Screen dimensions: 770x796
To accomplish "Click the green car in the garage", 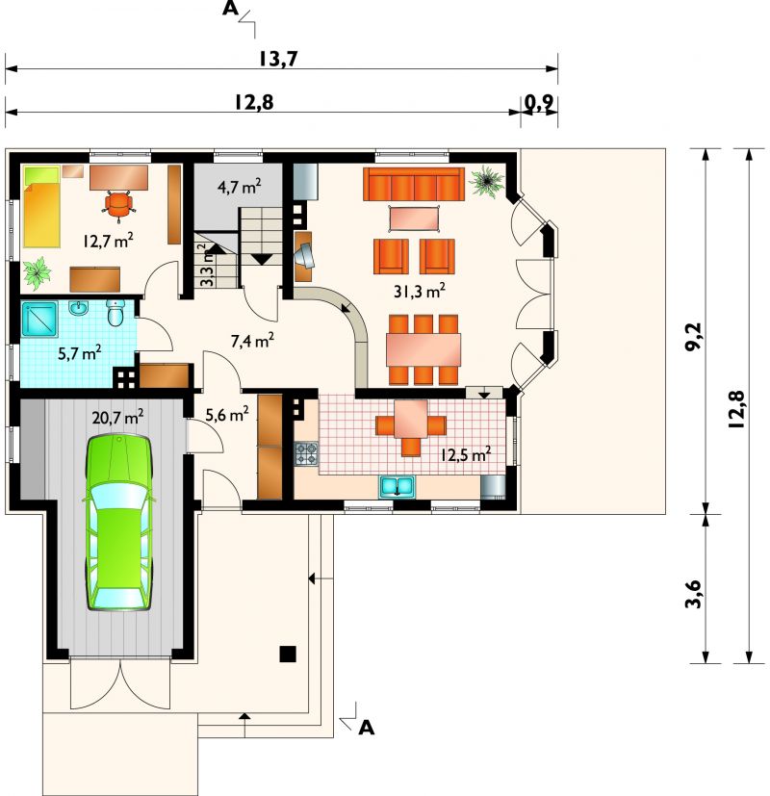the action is tap(119, 522).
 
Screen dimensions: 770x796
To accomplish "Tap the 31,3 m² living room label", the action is tap(420, 291).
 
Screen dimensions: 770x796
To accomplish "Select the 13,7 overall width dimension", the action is tap(278, 59).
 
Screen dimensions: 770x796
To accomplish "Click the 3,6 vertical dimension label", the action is tap(693, 593).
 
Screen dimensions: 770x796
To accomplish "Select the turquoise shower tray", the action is tap(39, 320).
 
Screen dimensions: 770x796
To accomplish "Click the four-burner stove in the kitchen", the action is tap(307, 454).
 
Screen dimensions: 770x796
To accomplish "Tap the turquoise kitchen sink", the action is tap(397, 486).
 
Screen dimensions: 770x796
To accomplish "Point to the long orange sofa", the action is tap(414, 184).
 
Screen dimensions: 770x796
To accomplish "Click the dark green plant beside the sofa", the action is tap(487, 181).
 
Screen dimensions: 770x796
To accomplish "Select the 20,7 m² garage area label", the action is tap(117, 417).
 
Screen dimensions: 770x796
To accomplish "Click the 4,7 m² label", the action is tap(239, 187).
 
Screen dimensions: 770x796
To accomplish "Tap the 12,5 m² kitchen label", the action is tap(466, 453).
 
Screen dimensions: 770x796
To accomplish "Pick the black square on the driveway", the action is tap(288, 654).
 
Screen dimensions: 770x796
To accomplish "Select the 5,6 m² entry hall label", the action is tap(227, 414).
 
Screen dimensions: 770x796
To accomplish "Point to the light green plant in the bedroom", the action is tap(37, 273).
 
